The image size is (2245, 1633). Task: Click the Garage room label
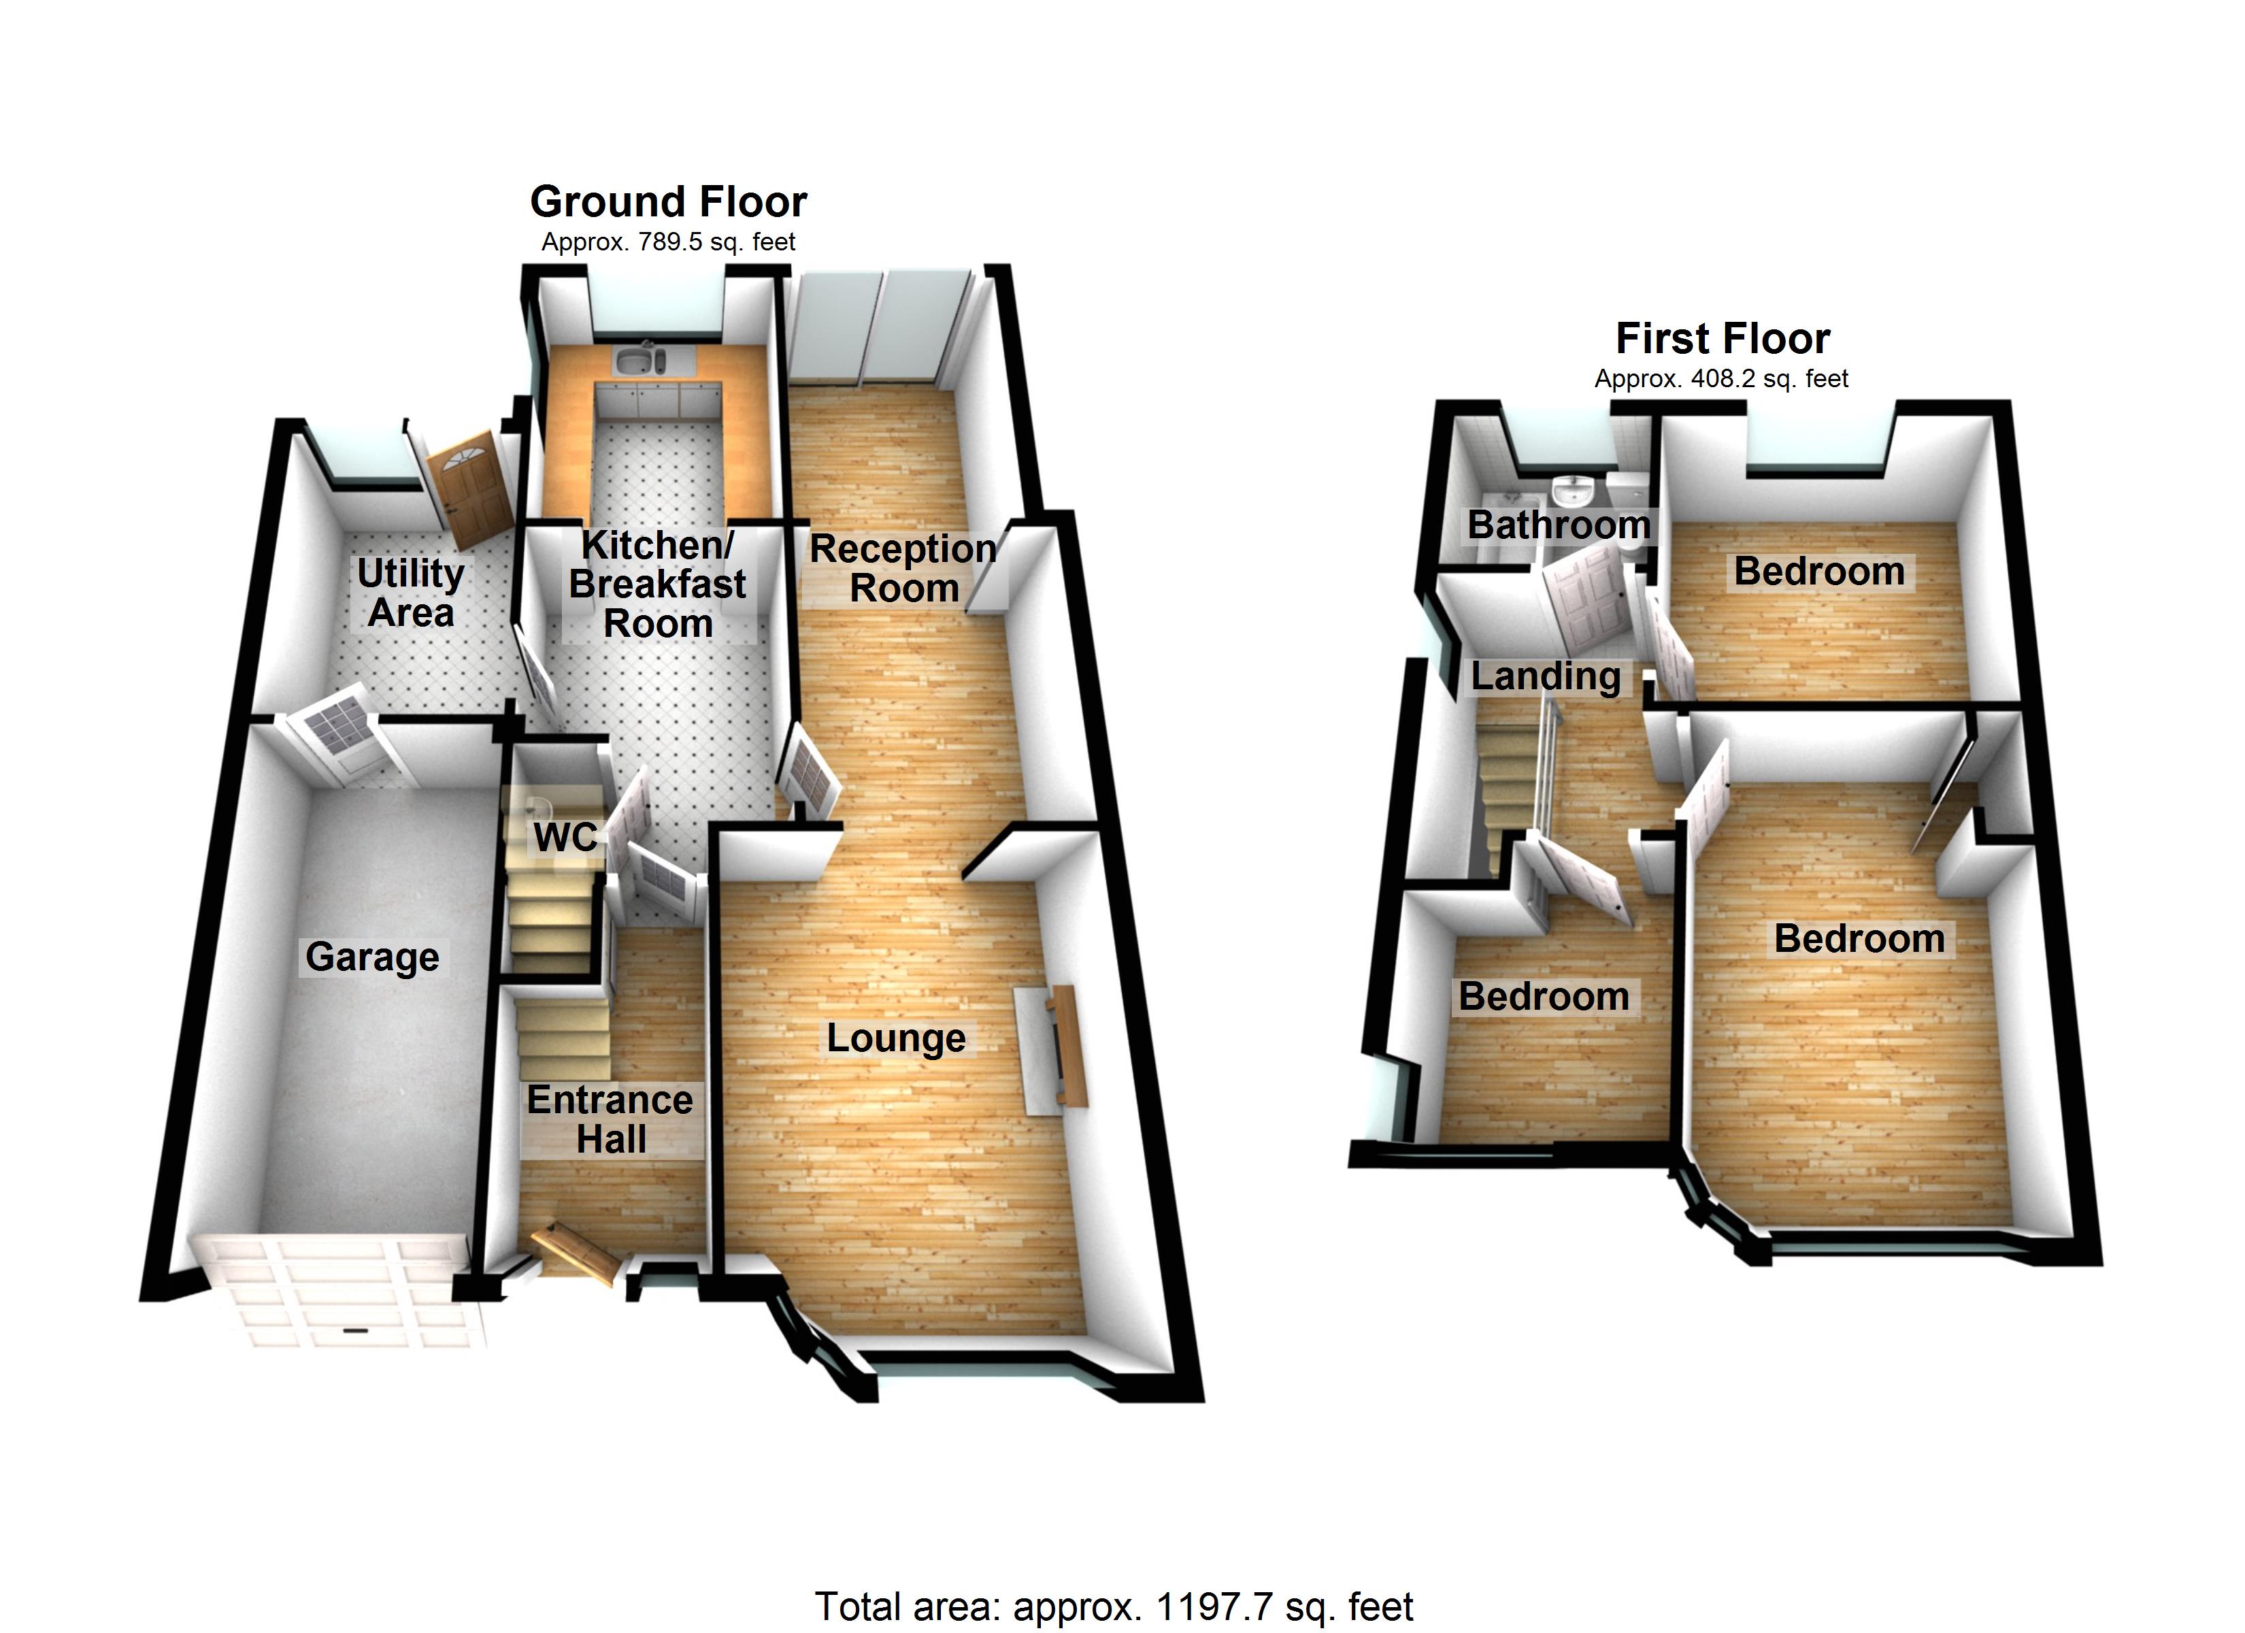[x=372, y=957]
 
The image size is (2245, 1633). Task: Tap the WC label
[x=565, y=838]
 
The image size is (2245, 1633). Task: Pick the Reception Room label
[x=903, y=568]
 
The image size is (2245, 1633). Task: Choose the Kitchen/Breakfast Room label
[x=657, y=584]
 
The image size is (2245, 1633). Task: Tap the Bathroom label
[x=1559, y=525]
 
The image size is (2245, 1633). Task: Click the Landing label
[x=1545, y=676]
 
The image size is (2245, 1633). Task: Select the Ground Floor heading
[x=669, y=202]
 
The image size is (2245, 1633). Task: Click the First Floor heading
[x=1723, y=339]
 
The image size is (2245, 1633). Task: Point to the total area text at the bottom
[x=1114, y=1606]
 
